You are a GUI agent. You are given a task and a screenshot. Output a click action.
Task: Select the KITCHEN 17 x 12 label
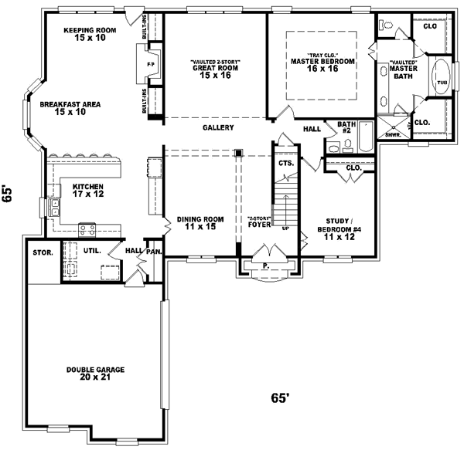(87, 190)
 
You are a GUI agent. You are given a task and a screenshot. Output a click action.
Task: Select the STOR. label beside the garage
(42, 252)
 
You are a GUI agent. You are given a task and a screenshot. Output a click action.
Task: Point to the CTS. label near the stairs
(284, 164)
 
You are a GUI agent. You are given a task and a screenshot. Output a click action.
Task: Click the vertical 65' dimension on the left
(9, 194)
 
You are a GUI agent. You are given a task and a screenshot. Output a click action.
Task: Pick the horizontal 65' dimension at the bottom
(280, 398)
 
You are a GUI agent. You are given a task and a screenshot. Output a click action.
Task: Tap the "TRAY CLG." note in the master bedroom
(322, 55)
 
